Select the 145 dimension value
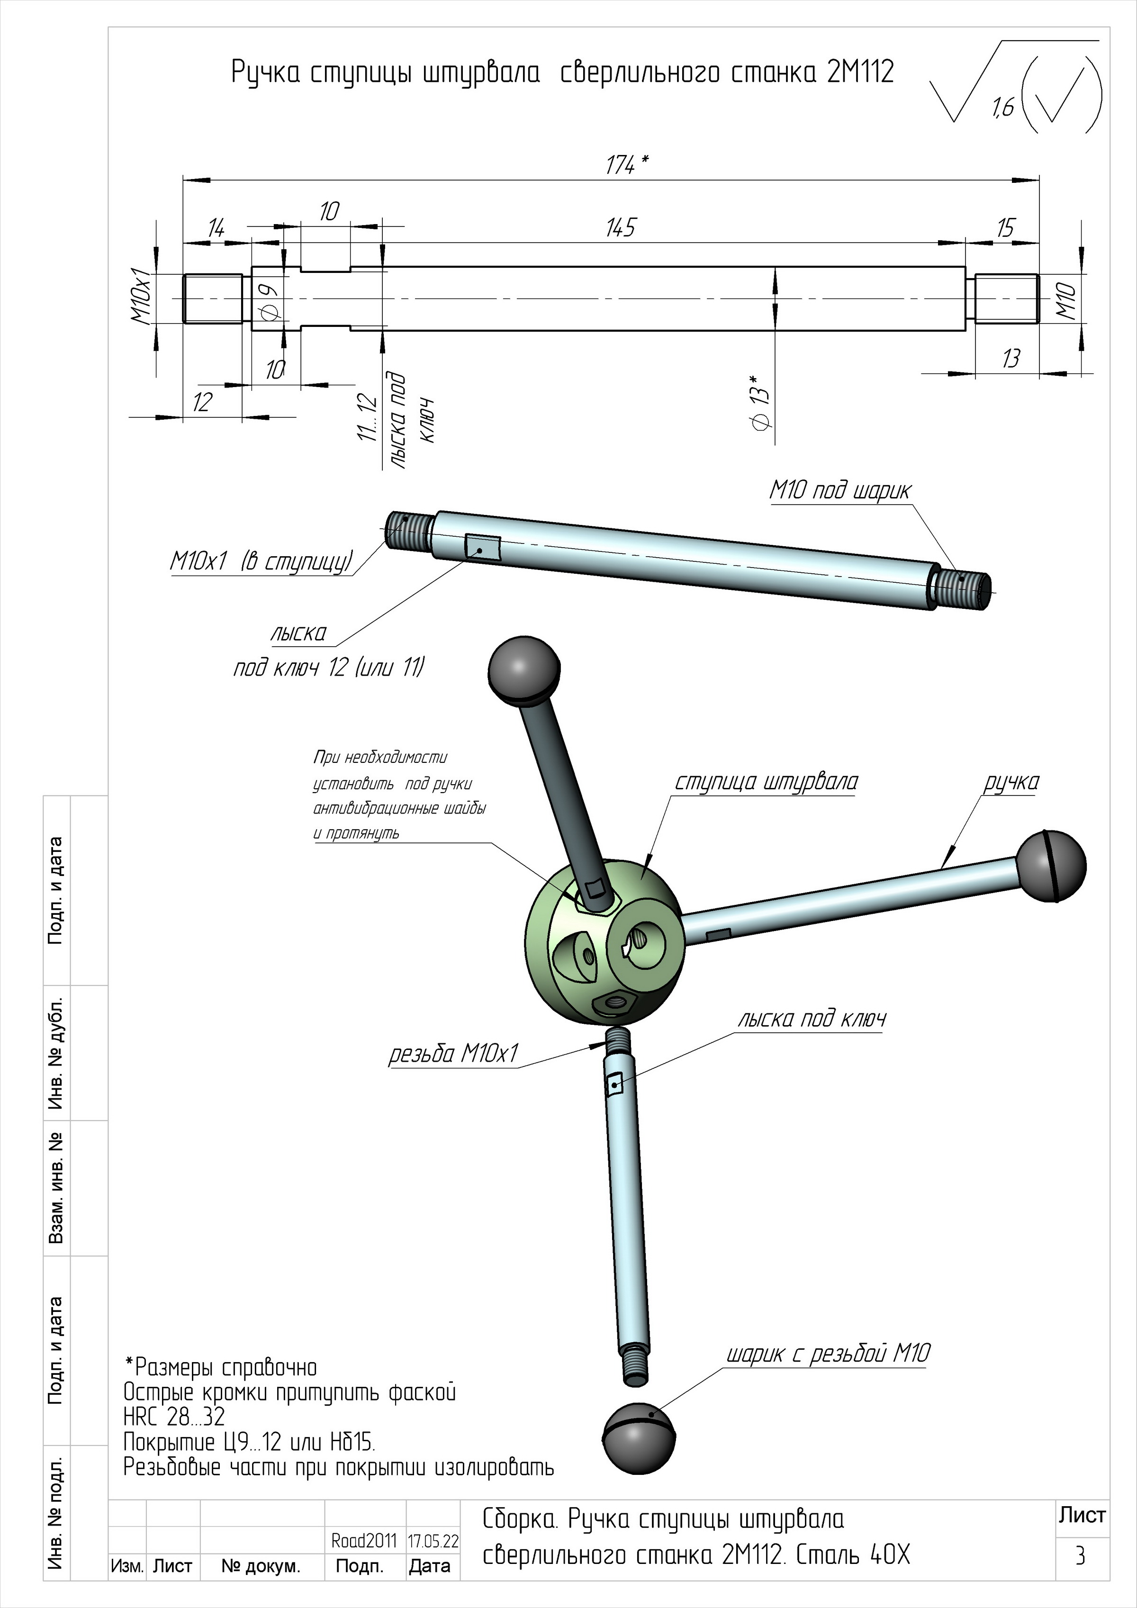[621, 227]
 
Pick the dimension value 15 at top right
[1005, 228]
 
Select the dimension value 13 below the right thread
[1011, 359]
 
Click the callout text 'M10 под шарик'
[840, 490]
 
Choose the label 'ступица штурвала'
[766, 782]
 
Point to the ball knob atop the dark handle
[523, 668]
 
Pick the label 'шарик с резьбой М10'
[828, 1354]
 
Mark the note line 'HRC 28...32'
[174, 1417]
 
